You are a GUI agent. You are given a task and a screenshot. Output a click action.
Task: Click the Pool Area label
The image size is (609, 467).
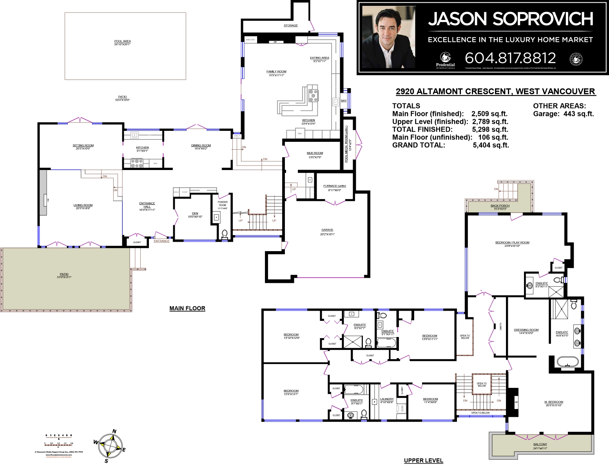coord(122,42)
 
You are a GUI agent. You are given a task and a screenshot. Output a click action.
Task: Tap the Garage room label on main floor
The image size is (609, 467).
coord(327,230)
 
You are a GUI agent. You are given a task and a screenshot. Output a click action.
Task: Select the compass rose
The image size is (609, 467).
coord(111,446)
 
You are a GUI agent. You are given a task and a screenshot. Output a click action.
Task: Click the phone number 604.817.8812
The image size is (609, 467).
coord(510,58)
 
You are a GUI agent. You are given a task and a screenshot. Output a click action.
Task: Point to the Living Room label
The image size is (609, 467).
coord(83,205)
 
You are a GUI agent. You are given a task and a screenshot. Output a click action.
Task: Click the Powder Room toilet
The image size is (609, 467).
coord(225,234)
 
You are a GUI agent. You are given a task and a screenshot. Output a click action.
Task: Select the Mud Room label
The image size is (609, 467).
coord(315,154)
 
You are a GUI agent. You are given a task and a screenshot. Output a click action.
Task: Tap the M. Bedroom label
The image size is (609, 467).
coord(553,402)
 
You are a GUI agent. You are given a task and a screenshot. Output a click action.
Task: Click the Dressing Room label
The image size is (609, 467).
coord(526,330)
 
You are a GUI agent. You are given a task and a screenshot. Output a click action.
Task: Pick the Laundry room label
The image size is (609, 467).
coord(387,399)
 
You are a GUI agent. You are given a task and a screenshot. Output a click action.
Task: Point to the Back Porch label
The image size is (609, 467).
coord(500,206)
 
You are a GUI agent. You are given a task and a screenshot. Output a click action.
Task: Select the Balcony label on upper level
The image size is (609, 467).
coord(540,445)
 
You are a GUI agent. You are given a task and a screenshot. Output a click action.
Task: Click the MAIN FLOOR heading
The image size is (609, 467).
coord(187,308)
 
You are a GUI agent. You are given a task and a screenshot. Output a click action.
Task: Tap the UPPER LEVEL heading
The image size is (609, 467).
coord(423,460)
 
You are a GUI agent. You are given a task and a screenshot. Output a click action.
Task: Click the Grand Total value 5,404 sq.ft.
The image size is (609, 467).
coord(491,145)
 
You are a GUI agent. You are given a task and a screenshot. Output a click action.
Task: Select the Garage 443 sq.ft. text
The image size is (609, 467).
coord(563,114)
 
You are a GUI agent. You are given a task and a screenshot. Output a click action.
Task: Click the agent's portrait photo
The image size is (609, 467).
coord(388,38)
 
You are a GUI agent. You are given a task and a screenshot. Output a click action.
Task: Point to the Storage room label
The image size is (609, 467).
coord(291,26)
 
